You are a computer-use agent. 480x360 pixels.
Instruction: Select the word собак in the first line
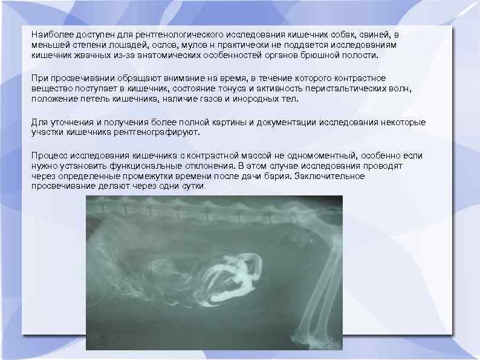pyautogui.click(x=352, y=35)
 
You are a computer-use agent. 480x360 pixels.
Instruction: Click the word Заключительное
pyautogui.click(x=330, y=175)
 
